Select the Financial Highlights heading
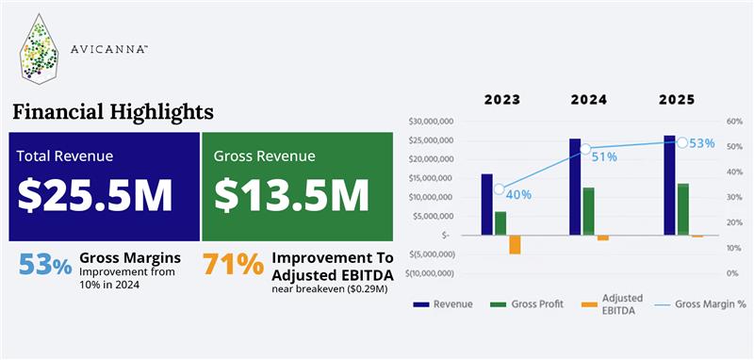point(112,112)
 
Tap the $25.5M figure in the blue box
point(95,193)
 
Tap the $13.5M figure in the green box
point(291,193)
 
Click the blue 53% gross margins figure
point(45,267)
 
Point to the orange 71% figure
point(233,266)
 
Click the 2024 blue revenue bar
point(575,187)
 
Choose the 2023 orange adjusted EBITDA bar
point(515,244)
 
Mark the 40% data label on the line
point(518,194)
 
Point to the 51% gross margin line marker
point(584,149)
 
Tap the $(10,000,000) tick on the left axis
point(430,273)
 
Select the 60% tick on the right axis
point(734,122)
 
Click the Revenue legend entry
point(443,304)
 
